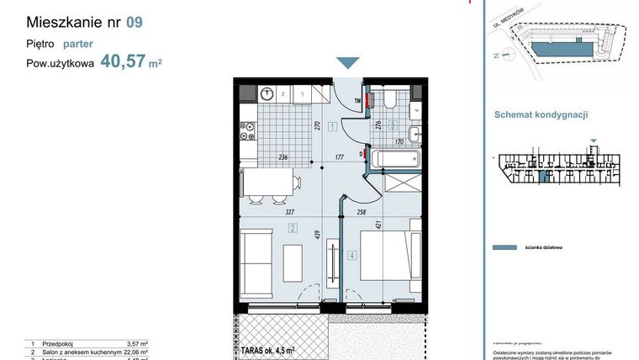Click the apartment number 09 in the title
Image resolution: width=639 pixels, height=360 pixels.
coord(134,23)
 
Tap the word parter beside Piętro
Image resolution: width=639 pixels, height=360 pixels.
coord(77,44)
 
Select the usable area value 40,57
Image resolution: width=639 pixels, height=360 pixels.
coord(123,61)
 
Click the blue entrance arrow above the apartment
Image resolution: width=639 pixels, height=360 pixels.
coord(347,64)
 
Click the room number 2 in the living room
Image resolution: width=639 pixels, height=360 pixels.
coord(293,227)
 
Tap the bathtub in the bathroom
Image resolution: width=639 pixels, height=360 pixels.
coord(393,157)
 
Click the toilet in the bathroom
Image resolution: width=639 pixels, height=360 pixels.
coord(391,101)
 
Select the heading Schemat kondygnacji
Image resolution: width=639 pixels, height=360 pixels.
coord(541,115)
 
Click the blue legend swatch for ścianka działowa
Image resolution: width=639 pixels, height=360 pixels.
coord(504,248)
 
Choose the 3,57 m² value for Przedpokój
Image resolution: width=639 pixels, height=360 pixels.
coord(136,344)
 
